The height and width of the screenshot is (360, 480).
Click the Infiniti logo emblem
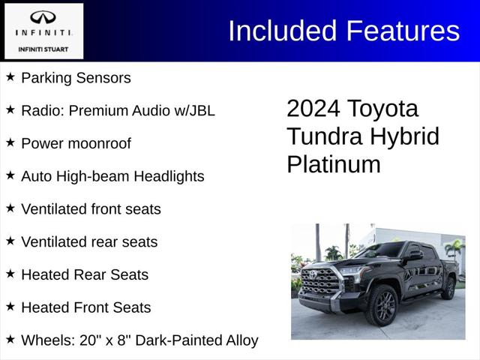pos(43,17)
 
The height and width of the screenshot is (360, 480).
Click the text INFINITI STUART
pos(43,49)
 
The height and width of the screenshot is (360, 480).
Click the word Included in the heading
pos(283,31)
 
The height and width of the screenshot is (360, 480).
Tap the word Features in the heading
pos(403,31)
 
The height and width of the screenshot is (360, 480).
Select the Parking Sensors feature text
pos(76,78)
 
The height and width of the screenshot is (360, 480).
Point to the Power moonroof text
pos(76,143)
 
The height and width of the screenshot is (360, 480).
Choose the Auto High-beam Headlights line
pos(112,176)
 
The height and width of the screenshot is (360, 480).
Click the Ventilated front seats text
pos(91,209)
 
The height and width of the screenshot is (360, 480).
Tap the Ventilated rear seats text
pos(89,242)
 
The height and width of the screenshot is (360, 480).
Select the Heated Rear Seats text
pos(85,274)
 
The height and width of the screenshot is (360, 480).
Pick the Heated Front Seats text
pos(85,307)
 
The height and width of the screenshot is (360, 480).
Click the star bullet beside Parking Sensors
pos(10,77)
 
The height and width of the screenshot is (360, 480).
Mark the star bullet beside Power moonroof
pos(10,142)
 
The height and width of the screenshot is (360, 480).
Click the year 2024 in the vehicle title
pos(313,109)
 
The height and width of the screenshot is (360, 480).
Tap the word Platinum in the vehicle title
pos(333,164)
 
